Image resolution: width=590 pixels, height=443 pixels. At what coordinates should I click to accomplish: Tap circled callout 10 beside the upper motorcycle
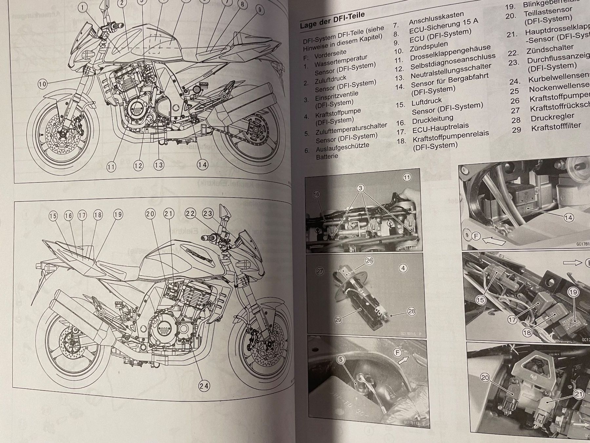(43, 84)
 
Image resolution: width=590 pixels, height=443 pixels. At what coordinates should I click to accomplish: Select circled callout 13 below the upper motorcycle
(159, 165)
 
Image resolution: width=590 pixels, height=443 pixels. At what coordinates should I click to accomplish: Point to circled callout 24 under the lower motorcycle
(204, 386)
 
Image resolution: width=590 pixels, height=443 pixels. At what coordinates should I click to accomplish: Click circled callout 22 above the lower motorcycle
(190, 213)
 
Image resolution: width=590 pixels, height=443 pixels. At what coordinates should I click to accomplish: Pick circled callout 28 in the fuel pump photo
(411, 311)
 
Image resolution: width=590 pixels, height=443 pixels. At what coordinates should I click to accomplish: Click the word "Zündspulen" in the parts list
(428, 47)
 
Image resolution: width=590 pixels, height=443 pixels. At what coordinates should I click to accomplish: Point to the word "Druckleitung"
(432, 119)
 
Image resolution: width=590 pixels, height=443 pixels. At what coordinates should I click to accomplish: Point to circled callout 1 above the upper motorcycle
(83, 7)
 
